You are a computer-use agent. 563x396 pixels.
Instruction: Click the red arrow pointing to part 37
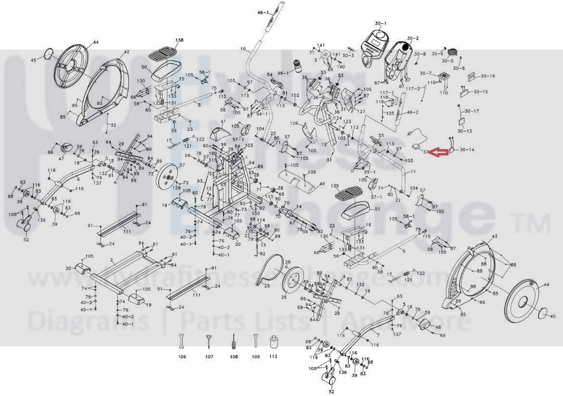point(438,153)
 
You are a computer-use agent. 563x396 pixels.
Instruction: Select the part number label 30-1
point(381,23)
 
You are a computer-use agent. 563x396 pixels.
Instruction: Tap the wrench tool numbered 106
point(181,341)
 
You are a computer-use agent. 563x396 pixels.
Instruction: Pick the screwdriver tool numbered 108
point(233,341)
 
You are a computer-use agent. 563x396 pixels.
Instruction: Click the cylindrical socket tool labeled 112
point(273,342)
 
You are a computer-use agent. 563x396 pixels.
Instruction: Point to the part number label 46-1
point(264,12)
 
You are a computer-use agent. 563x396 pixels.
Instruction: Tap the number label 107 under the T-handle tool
point(209,357)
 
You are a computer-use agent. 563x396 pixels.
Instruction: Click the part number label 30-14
point(467,150)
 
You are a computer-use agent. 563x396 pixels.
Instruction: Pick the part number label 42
point(127,52)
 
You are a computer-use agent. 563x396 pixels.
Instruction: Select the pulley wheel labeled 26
point(292,285)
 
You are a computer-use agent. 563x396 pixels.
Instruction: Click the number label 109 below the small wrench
point(256,357)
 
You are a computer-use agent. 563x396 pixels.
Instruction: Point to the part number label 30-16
point(487,76)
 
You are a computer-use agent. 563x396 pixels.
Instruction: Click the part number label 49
point(322,184)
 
